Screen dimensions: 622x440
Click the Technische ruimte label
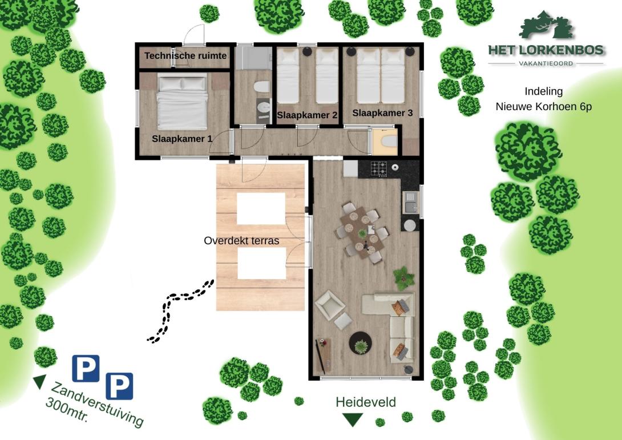pos(185,55)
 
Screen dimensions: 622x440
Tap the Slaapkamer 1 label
pos(182,139)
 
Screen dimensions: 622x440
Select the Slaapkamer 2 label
pos(307,115)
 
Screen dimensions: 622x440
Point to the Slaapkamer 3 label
pos(382,113)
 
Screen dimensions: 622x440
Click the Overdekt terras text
pos(241,241)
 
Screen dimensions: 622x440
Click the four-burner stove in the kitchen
pos(379,168)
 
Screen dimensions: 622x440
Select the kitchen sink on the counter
pos(410,202)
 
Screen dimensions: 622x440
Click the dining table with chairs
pos(362,233)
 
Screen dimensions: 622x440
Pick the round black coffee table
pos(361,343)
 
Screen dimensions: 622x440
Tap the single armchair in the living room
pos(330,304)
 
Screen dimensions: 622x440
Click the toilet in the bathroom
pos(261,87)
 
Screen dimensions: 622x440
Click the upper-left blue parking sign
pos(86,369)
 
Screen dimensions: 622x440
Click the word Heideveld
pos(366,402)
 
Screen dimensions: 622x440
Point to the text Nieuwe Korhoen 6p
pos(544,107)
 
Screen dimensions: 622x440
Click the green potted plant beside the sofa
pos(403,278)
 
